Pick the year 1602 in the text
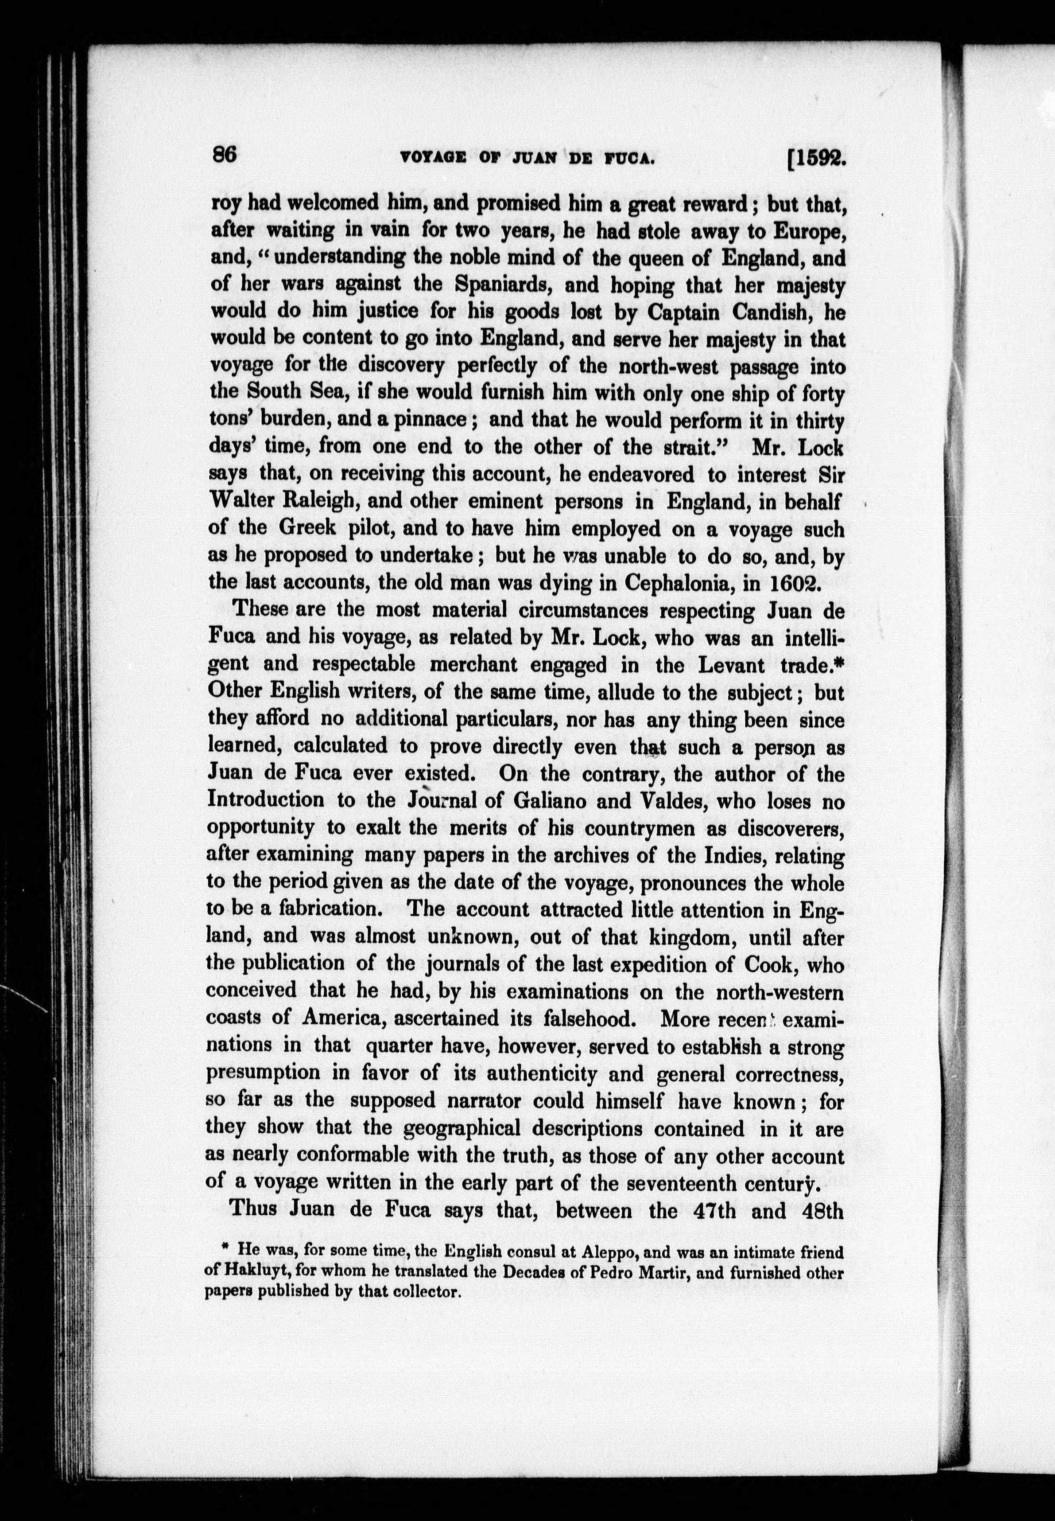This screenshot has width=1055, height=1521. tap(794, 583)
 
